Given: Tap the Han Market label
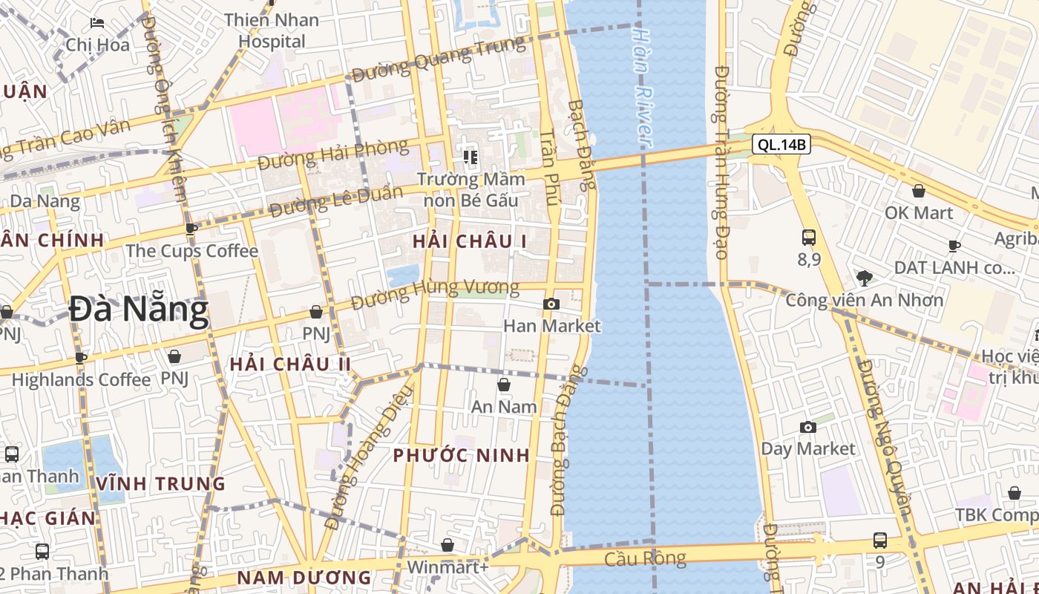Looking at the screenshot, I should (x=552, y=326).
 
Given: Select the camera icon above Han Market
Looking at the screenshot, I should (x=551, y=304).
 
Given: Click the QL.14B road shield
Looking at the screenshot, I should (x=781, y=144).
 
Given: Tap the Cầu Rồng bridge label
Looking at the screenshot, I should (x=646, y=558).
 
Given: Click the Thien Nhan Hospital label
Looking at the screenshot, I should (x=272, y=30).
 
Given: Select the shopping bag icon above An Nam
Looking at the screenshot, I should (x=504, y=385).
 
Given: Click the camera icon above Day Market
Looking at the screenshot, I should (x=808, y=427).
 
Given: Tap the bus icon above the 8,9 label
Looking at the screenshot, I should (x=809, y=238).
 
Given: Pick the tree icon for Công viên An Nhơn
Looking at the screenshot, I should (x=864, y=278).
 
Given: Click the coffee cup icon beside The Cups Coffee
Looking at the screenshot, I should (x=191, y=229).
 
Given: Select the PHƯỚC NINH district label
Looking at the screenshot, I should (x=462, y=455).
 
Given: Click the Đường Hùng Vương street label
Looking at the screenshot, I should (x=435, y=293).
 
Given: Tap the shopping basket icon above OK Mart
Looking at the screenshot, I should (x=919, y=191).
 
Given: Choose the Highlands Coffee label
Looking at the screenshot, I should (x=81, y=379).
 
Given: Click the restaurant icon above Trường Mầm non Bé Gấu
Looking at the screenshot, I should (x=470, y=156).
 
